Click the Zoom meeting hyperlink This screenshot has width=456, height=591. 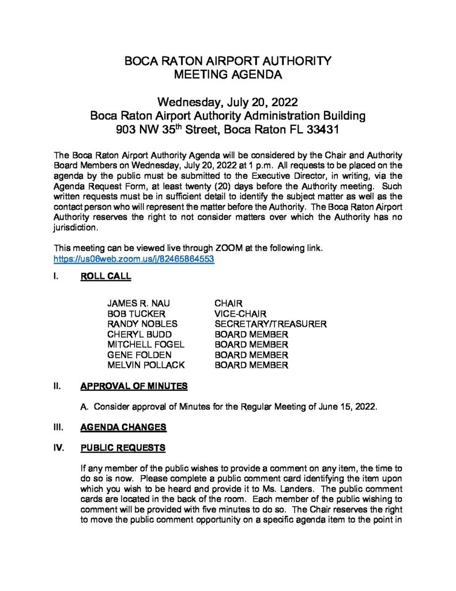pos(134,260)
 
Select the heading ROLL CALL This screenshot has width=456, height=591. pos(105,276)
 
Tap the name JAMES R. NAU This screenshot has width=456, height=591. pos(138,304)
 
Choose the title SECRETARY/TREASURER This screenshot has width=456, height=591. pos(270,324)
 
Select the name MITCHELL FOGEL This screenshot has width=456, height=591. pos(145,345)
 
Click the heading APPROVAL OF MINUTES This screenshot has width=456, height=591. pos(134,386)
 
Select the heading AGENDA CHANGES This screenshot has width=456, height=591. pos(123,427)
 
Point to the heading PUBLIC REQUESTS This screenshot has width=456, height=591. pos(123,448)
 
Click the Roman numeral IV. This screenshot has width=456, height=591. pos(58,448)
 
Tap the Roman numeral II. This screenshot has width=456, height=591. pos(56,386)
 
